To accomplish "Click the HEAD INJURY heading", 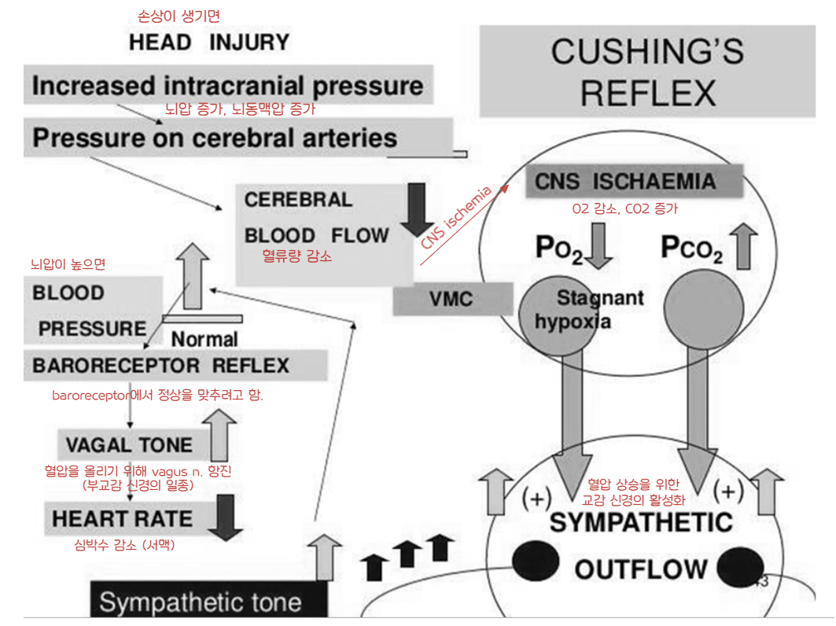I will tap(209, 42).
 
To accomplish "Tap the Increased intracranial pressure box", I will tap(227, 86).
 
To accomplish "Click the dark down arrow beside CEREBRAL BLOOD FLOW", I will tap(413, 209).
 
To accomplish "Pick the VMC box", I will tap(451, 299).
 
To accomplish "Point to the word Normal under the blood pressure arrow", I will tap(204, 340).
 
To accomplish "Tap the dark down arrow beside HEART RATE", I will tap(226, 517).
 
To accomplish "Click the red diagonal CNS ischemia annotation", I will tap(457, 217).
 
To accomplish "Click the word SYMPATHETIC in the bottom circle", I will tap(641, 522).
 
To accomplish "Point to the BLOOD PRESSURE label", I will tap(89, 311).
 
